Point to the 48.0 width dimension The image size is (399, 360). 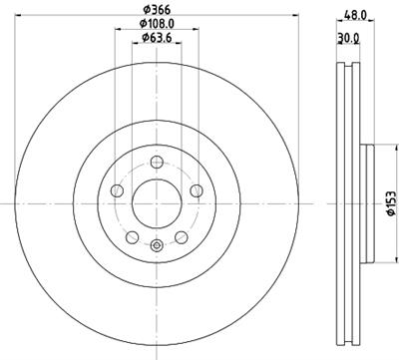tap(356, 16)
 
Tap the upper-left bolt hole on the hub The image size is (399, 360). tap(118, 189)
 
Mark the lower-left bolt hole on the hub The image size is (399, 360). tap(132, 234)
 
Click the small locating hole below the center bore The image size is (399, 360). tap(155, 244)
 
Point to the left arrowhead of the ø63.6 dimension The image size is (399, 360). tap(132, 45)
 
